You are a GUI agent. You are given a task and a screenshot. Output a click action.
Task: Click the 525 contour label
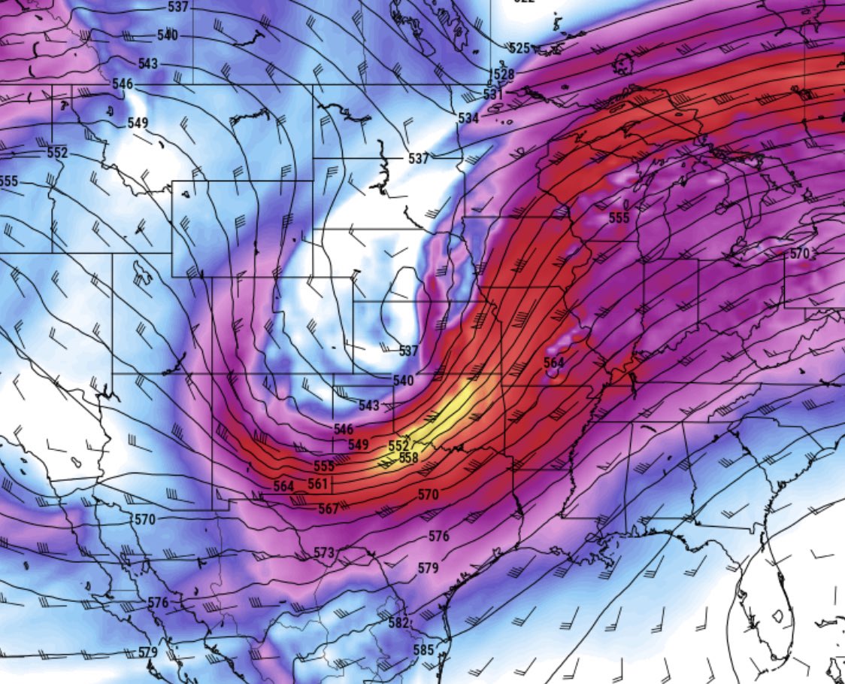[x=519, y=48]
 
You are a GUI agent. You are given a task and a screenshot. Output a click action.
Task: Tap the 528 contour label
[x=504, y=74]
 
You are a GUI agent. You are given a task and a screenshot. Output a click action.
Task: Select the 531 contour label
[x=493, y=94]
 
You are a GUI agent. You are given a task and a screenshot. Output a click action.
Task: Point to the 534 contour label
[x=468, y=119]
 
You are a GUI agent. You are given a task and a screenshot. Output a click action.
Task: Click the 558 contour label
[x=408, y=458]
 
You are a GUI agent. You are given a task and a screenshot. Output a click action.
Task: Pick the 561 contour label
[x=318, y=484]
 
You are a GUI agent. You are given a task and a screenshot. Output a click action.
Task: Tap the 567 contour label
[x=329, y=509]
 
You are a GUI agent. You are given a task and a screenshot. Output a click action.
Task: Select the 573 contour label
[x=323, y=553]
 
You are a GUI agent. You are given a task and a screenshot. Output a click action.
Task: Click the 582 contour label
[x=399, y=622]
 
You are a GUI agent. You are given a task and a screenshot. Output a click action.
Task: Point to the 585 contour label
[x=424, y=649]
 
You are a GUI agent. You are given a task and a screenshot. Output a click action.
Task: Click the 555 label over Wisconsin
[x=619, y=217]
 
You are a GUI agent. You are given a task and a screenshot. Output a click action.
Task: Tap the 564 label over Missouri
[x=553, y=363]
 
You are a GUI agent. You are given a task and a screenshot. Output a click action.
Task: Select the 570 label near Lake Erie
[x=799, y=254]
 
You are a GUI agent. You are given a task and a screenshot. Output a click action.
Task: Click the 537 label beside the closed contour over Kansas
[x=408, y=351]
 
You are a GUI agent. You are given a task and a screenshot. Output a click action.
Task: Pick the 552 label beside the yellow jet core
[x=398, y=445]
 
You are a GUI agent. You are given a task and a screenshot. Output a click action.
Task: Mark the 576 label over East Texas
[x=438, y=537]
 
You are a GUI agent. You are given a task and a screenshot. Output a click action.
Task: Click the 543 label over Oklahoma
[x=368, y=406]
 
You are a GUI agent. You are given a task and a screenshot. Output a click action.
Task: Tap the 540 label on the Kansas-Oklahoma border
[x=404, y=381]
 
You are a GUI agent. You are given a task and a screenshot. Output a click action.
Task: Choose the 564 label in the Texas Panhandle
[x=283, y=486]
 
